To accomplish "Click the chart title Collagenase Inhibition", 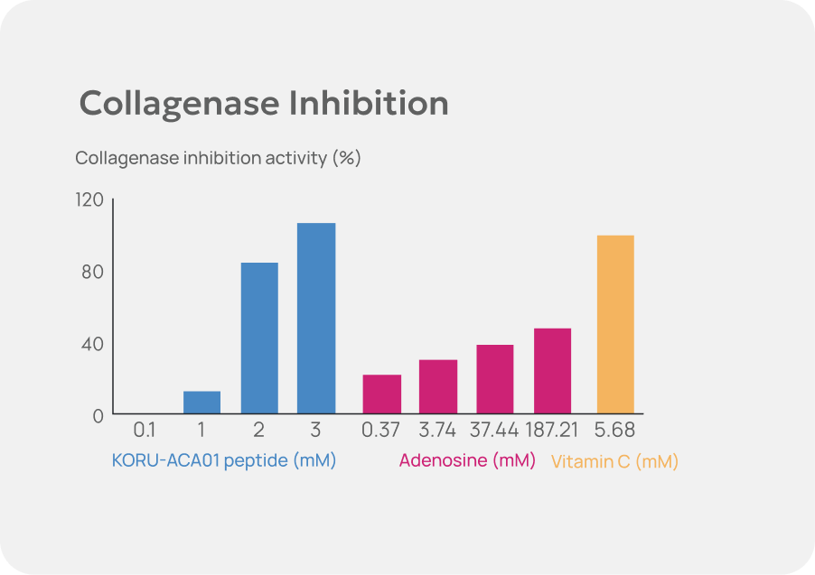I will coord(264,104).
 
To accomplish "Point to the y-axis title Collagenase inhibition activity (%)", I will coord(218,158).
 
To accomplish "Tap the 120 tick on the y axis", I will coord(89,199).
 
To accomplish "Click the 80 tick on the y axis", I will coord(93,272).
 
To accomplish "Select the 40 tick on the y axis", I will coord(93,344).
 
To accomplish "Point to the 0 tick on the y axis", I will coord(98,416).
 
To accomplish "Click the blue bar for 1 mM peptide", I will coord(202,403).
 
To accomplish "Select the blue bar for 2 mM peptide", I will coord(259,339).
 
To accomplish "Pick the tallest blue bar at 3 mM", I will coord(316,319).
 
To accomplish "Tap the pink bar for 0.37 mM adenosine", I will coord(382,394).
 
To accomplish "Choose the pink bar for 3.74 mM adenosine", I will coord(438,387).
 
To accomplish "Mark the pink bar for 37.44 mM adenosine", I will coord(494,379).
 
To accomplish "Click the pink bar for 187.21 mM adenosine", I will coord(552,371).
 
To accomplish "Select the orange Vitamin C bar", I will coord(615,325).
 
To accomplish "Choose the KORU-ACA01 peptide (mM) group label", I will coord(224,460).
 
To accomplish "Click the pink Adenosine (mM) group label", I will coord(467,460).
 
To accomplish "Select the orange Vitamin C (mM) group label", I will coord(614,462).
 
